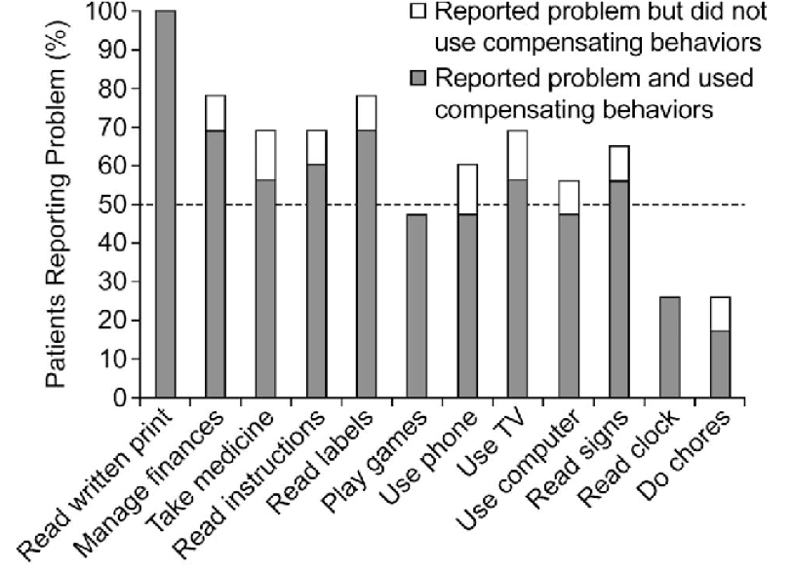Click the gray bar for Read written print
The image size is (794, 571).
[165, 205]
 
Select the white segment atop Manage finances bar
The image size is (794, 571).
[215, 113]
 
